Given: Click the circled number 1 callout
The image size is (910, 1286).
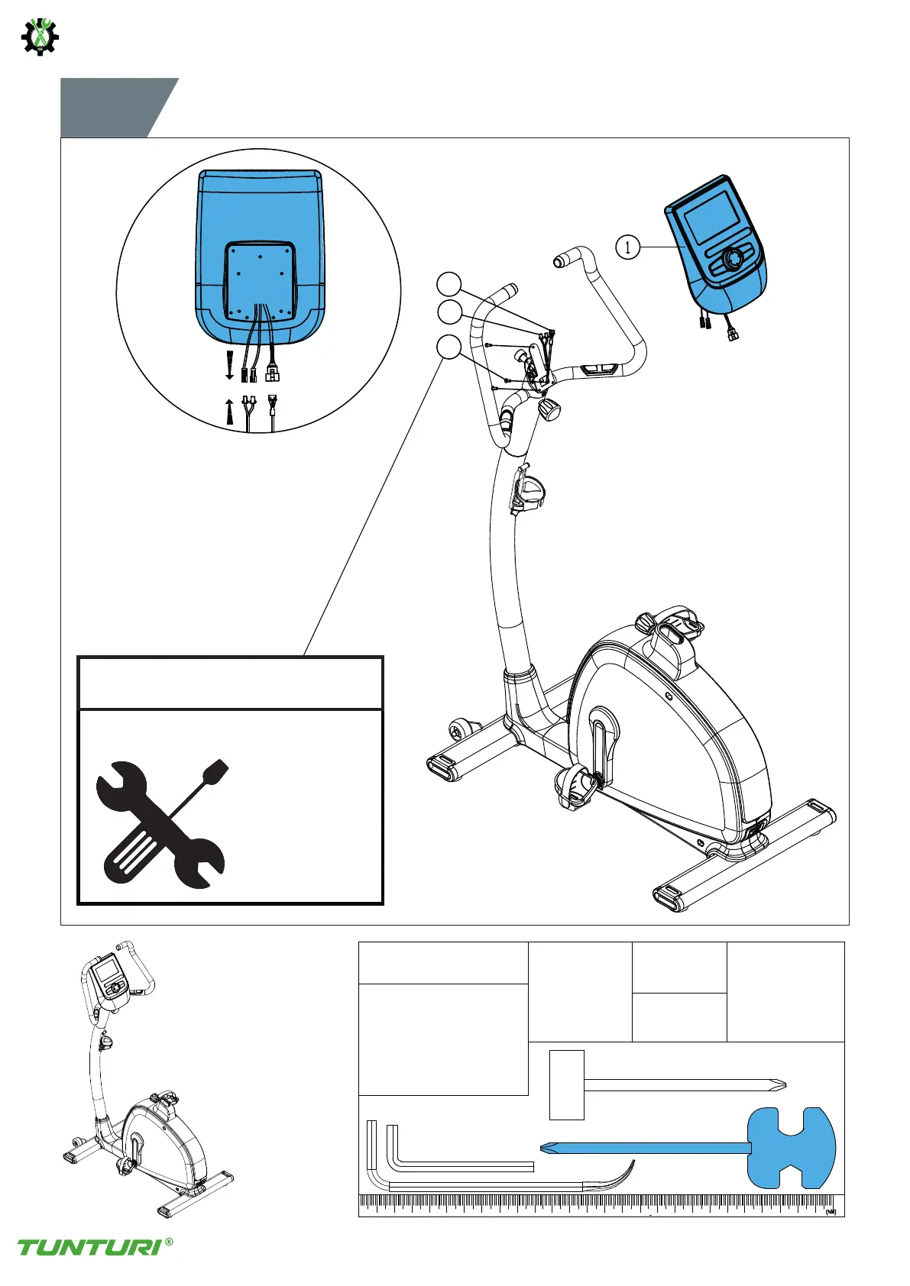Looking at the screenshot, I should (x=627, y=247).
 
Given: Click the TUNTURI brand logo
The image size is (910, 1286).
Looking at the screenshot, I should (x=89, y=1246).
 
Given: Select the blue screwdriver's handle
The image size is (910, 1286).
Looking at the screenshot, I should (x=792, y=1147).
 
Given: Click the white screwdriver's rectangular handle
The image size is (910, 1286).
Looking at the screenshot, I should (x=566, y=1084).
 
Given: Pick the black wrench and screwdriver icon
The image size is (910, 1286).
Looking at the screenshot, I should (x=160, y=823).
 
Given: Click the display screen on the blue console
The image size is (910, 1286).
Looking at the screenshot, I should (x=708, y=217).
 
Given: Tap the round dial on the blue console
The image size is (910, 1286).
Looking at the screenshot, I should (x=732, y=259).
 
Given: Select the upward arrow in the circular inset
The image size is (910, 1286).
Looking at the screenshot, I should (x=229, y=411).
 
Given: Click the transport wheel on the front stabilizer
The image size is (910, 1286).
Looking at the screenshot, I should (x=458, y=729).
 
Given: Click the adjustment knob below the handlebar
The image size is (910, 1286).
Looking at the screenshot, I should (x=549, y=410).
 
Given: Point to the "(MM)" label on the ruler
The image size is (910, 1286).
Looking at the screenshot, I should (x=831, y=1211).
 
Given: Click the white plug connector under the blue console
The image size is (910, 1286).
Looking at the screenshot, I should (x=734, y=334).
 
